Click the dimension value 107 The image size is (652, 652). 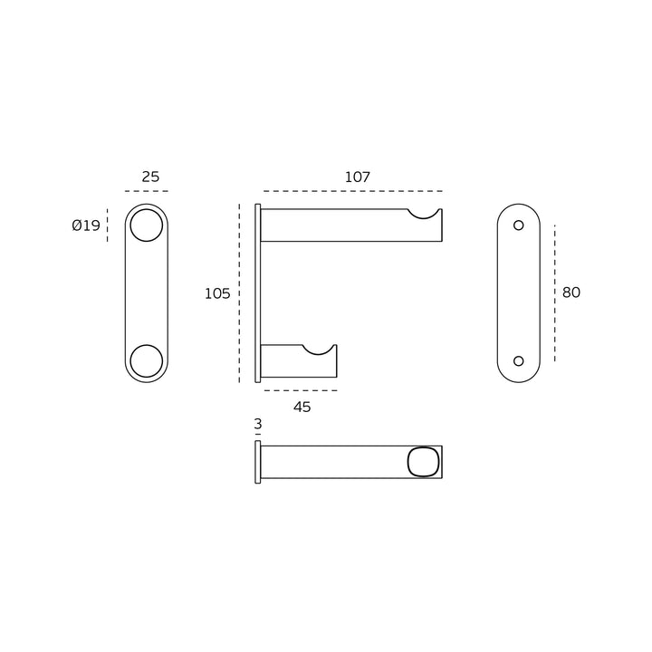point(357,177)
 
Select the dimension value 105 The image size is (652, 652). point(217,294)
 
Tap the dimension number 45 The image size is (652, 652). point(302,407)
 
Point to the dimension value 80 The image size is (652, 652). point(570,292)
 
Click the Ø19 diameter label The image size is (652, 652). point(86,225)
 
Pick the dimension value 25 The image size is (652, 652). point(150,177)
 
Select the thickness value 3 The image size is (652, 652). point(258,424)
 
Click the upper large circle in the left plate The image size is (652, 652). point(147,209)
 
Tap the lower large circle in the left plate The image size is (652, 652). point(147,345)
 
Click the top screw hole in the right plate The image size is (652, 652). point(519,221)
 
